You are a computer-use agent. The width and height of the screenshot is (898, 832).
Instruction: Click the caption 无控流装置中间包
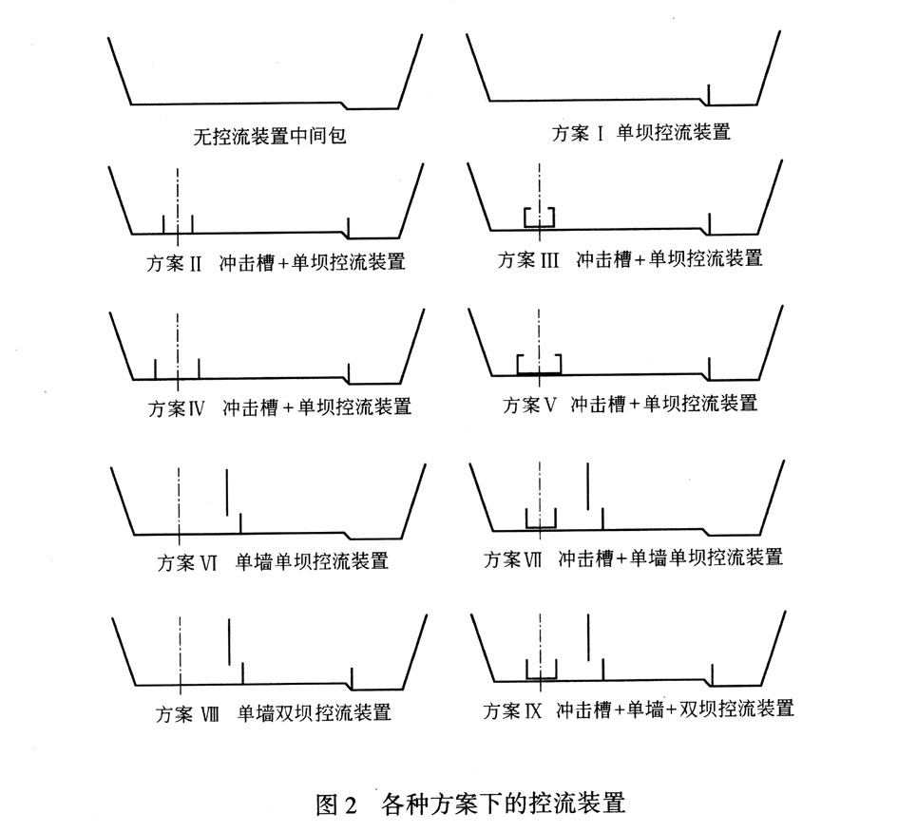[272, 137]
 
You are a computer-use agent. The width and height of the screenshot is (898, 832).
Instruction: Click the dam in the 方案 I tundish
[708, 93]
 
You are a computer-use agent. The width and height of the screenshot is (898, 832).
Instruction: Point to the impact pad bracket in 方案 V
[539, 366]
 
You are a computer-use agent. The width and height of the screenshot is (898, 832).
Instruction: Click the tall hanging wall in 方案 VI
[227, 492]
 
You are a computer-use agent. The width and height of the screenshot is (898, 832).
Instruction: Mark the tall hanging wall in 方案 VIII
[229, 641]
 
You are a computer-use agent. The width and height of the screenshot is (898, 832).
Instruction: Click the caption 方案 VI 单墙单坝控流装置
[273, 561]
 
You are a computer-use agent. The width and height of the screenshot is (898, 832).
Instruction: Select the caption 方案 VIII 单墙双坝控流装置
[274, 712]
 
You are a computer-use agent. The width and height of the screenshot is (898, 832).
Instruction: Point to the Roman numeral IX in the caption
[530, 709]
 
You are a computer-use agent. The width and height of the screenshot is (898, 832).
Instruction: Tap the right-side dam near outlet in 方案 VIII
[353, 677]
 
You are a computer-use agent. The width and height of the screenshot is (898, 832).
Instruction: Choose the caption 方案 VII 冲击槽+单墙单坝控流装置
[633, 558]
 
